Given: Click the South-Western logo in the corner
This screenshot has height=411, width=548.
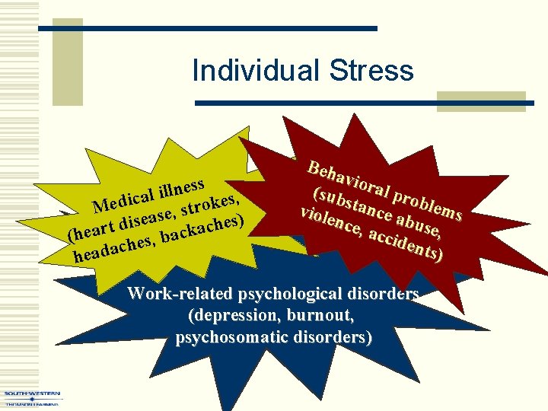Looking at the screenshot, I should click(32, 397).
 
